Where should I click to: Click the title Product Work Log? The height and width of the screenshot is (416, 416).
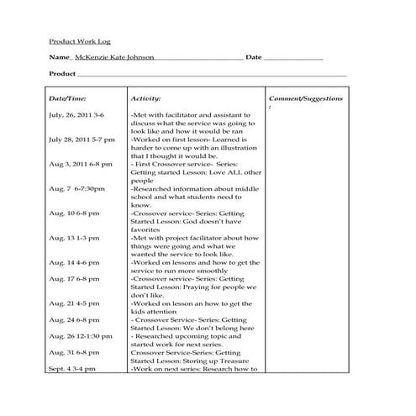pyautogui.click(x=79, y=40)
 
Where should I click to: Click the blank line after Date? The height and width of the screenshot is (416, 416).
pyautogui.click(x=294, y=58)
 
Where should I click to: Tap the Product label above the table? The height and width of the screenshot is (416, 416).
pyautogui.click(x=63, y=74)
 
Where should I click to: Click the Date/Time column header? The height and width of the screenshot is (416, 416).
pyautogui.click(x=67, y=98)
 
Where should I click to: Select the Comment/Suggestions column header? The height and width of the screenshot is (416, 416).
pyautogui.click(x=305, y=98)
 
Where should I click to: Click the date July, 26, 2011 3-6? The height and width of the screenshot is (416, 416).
pyautogui.click(x=76, y=114)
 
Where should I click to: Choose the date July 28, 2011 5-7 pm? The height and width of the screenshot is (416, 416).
pyautogui.click(x=82, y=139)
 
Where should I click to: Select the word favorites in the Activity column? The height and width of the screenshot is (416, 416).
pyautogui.click(x=145, y=229)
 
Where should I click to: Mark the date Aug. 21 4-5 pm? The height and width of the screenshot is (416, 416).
pyautogui.click(x=74, y=303)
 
